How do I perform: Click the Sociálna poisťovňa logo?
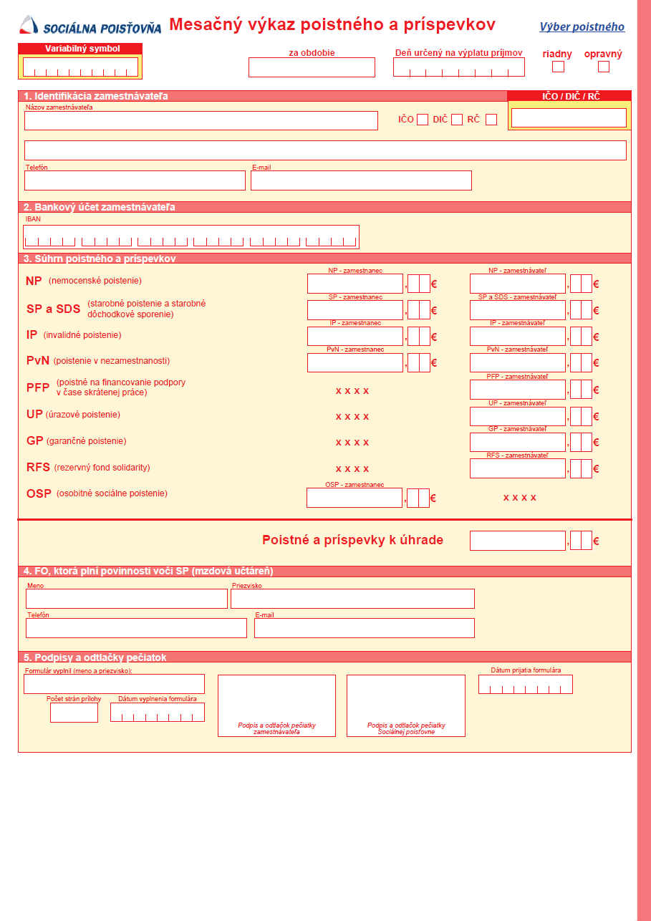click(90, 26)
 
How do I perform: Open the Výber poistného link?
click(582, 27)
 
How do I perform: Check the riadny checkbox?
click(558, 67)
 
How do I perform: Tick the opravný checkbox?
click(604, 67)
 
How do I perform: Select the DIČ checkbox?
click(457, 120)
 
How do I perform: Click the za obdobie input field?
click(312, 67)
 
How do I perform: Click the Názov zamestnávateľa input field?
click(201, 120)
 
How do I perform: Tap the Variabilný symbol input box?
click(80, 67)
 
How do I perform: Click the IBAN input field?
click(191, 237)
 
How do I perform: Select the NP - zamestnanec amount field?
click(355, 284)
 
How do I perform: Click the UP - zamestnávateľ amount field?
click(518, 416)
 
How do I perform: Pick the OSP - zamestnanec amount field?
click(355, 498)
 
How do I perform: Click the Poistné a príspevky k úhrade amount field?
click(518, 541)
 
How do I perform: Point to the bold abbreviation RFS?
click(38, 468)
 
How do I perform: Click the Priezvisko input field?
click(352, 599)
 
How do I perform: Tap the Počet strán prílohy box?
click(74, 713)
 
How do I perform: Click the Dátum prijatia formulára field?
click(525, 685)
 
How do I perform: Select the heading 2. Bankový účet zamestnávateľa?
click(100, 207)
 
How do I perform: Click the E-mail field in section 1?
click(361, 180)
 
